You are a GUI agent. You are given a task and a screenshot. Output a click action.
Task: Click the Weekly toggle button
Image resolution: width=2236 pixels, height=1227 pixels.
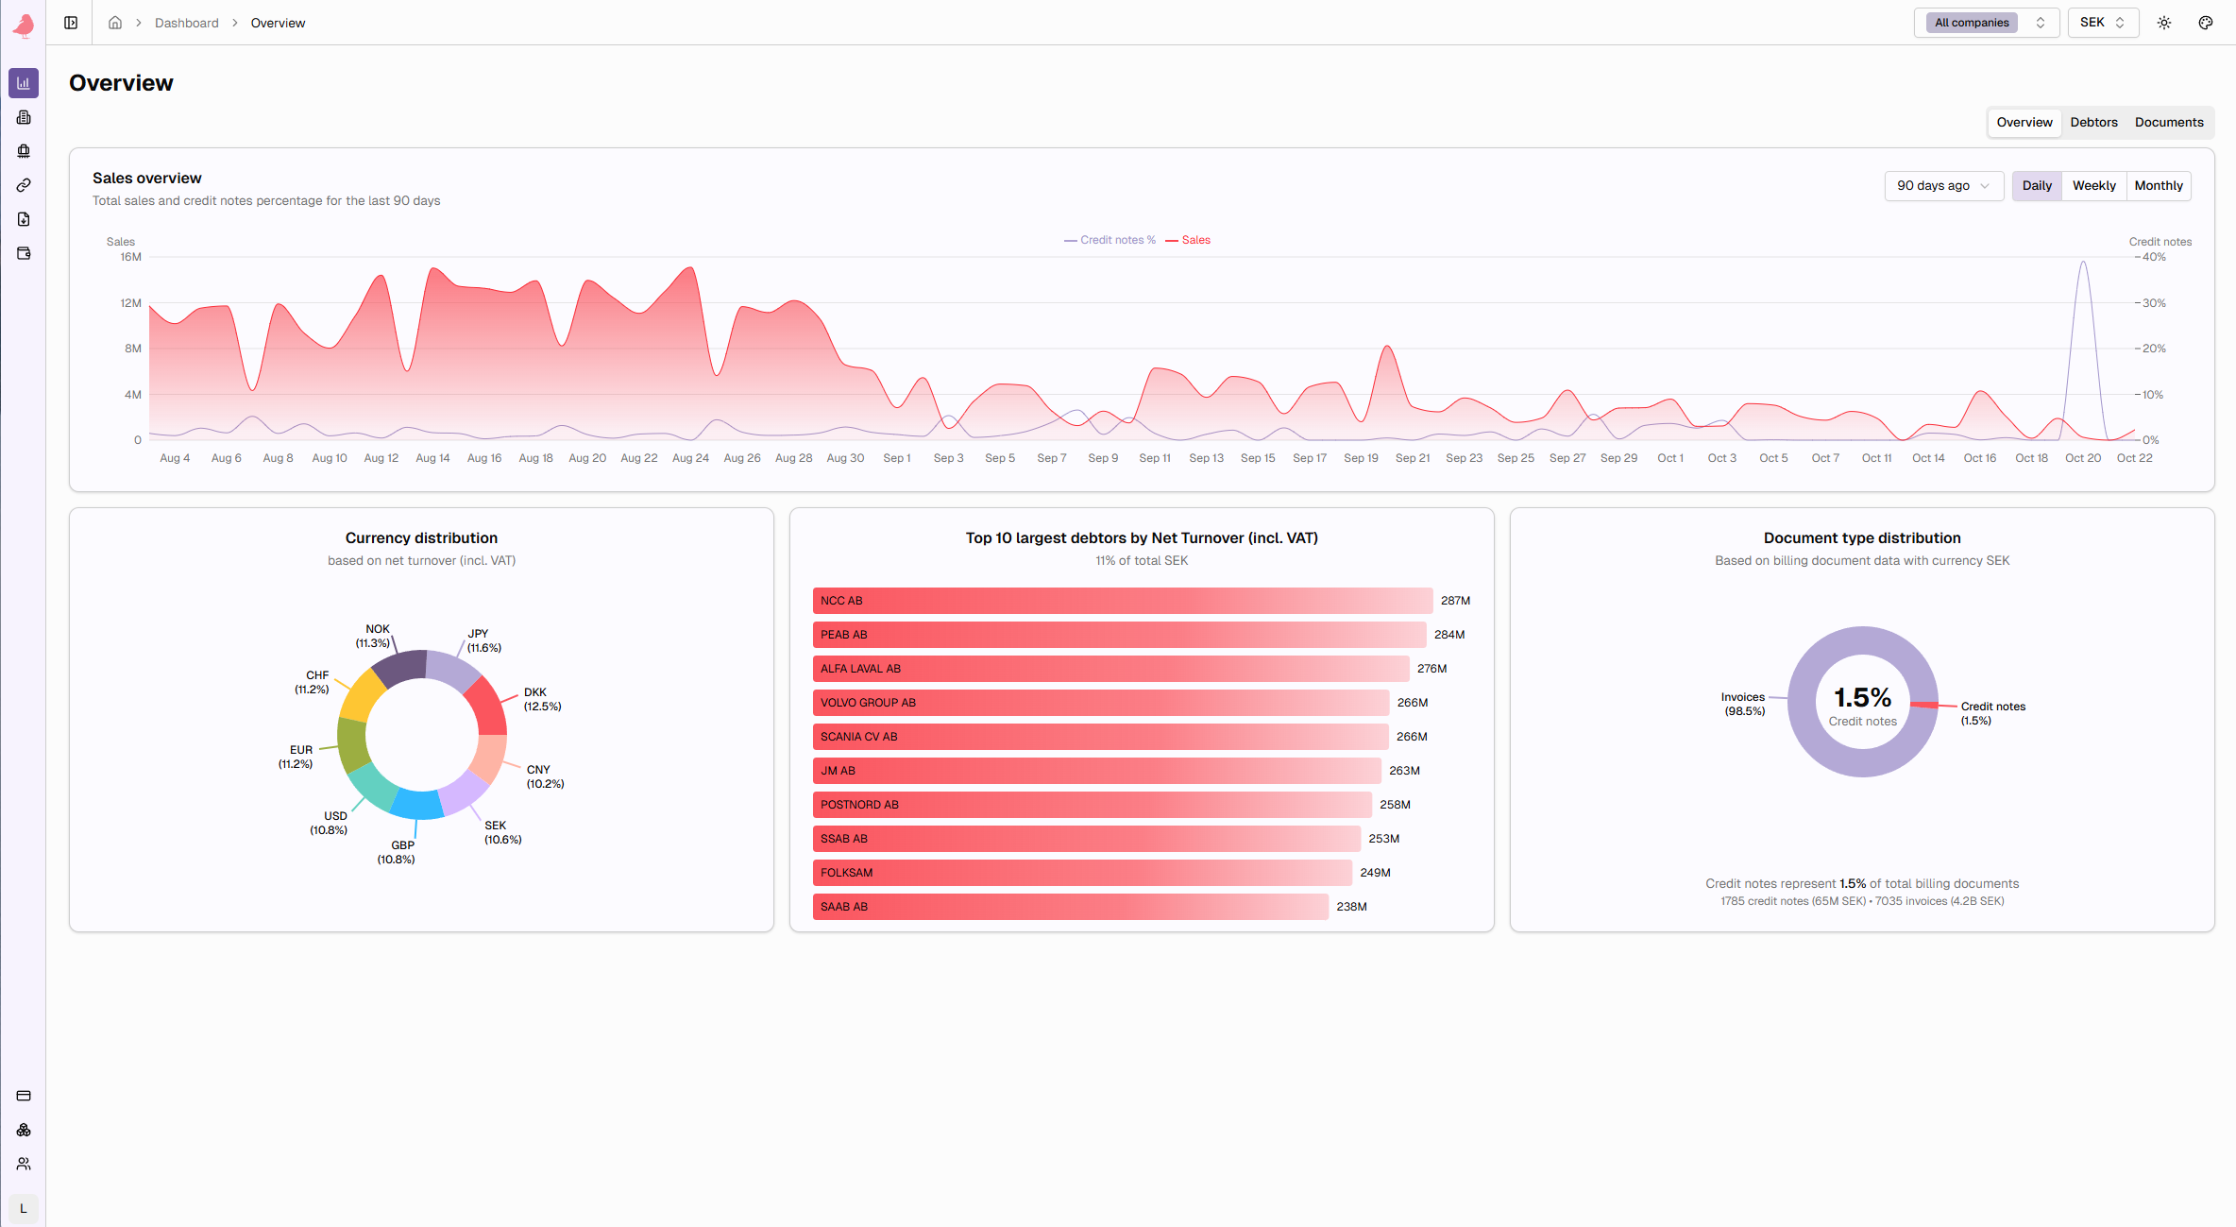coord(2093,186)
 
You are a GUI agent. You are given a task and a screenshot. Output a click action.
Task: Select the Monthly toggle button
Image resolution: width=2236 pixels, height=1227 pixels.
coord(2158,186)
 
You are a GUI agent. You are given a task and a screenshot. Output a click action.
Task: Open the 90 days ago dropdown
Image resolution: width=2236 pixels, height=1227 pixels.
coord(1942,186)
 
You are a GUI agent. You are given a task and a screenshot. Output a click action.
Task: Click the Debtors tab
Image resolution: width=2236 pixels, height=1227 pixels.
coord(2093,123)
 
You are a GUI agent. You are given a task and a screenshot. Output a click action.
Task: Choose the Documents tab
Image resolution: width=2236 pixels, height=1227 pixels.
coord(2168,123)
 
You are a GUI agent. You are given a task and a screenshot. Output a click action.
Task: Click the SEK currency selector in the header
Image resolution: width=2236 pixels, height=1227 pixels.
coord(2102,23)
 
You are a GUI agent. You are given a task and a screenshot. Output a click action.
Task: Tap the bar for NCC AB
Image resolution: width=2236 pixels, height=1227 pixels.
coord(1122,601)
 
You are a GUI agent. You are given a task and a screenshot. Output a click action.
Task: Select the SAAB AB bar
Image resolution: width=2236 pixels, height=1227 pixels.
coord(1070,907)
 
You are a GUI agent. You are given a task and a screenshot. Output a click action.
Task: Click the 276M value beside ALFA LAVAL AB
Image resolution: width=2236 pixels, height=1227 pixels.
coord(1431,669)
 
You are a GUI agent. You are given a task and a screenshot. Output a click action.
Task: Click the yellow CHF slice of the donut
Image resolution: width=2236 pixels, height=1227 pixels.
coord(363,697)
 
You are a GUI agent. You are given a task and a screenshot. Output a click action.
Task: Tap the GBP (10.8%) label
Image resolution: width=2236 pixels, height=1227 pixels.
coord(397,853)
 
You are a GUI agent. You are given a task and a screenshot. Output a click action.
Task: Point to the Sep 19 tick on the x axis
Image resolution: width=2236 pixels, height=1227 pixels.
coord(1361,458)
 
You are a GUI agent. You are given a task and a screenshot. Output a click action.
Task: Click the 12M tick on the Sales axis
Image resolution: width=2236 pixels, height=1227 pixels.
coord(130,303)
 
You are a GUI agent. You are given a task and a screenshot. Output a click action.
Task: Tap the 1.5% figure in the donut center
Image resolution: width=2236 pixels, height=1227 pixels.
coord(1862,697)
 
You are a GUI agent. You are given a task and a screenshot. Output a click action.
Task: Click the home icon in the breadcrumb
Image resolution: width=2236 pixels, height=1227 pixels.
coord(115,23)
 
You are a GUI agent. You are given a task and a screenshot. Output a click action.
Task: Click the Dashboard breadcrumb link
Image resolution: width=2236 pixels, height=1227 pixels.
coord(186,23)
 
